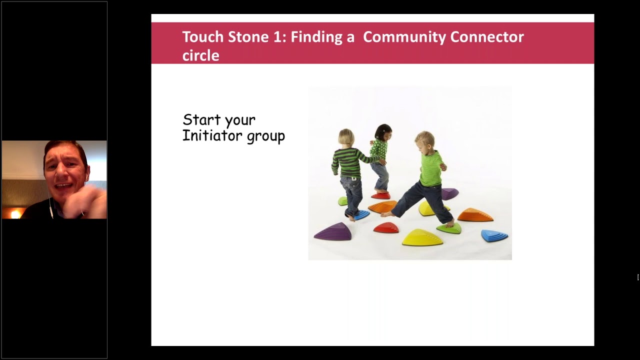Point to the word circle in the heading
200,55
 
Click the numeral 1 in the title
277,37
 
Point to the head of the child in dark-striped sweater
346,136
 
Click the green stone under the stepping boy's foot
449,228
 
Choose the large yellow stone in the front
422,237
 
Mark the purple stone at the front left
333,231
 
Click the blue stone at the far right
494,235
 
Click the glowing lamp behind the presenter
14,213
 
